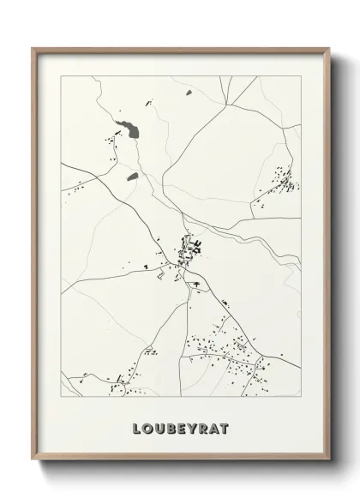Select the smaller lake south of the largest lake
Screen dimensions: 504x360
(133, 177)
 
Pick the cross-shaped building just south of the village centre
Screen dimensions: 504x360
(196, 282)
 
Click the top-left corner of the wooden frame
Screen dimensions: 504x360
(33, 49)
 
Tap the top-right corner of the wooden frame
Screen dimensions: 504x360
(327, 49)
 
